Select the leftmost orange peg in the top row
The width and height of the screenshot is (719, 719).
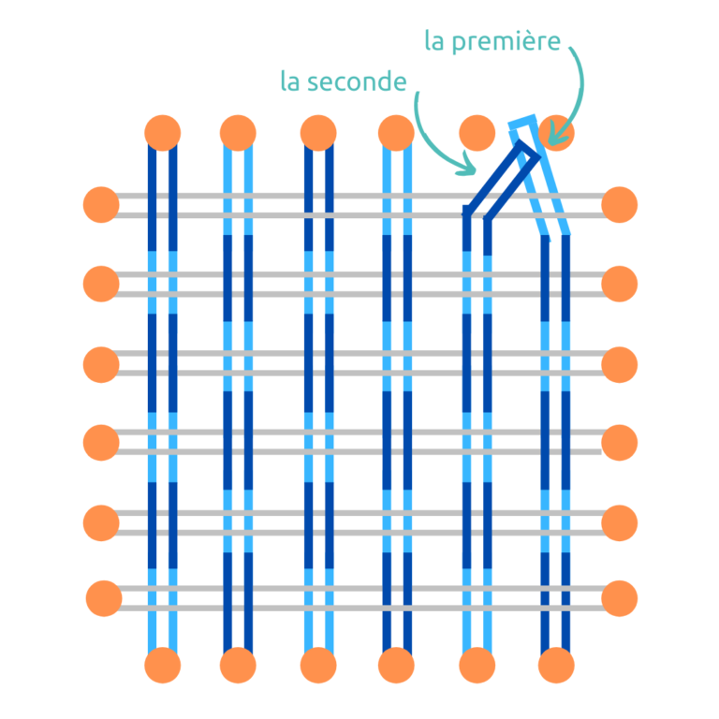(162, 133)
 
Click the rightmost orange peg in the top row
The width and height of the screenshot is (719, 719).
(557, 133)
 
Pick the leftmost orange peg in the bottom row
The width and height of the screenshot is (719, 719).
(162, 666)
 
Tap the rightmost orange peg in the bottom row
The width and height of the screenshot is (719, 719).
(557, 666)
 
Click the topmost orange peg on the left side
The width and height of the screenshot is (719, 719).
(101, 205)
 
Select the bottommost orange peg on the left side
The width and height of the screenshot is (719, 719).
(104, 598)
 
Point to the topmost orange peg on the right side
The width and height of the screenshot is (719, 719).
(619, 205)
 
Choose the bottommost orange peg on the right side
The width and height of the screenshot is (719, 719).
(619, 598)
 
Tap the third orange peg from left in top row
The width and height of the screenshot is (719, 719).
(319, 133)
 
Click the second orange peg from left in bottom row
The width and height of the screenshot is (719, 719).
(238, 666)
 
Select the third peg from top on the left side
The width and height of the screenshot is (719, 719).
(101, 364)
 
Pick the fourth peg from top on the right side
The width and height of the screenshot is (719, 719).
(619, 442)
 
